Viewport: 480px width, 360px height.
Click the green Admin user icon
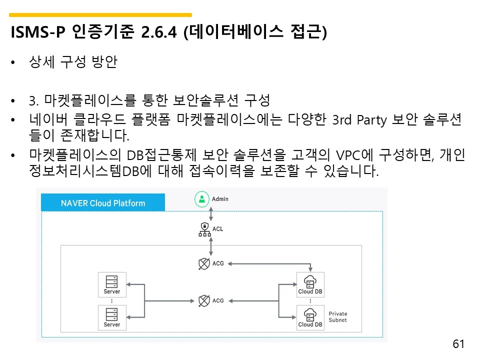[201, 199]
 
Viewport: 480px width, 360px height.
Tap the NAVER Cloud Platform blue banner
[103, 203]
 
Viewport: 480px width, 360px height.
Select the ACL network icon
[203, 229]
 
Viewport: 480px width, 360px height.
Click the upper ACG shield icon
[203, 263]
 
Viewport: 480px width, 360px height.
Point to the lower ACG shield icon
[203, 300]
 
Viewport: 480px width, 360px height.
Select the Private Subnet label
[337, 317]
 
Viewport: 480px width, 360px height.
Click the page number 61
[458, 344]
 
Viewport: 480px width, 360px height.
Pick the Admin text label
[220, 199]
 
